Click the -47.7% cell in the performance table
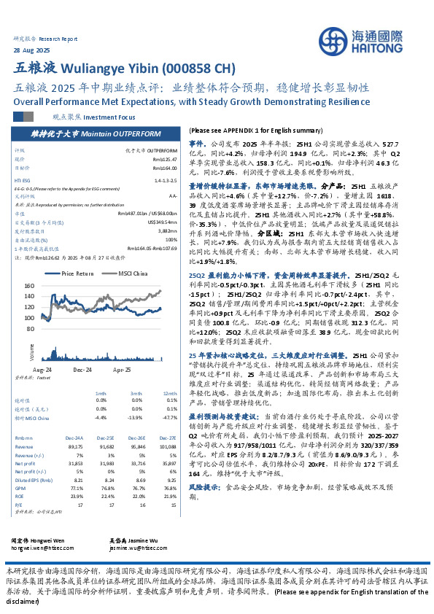pyautogui.click(x=171, y=419)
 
